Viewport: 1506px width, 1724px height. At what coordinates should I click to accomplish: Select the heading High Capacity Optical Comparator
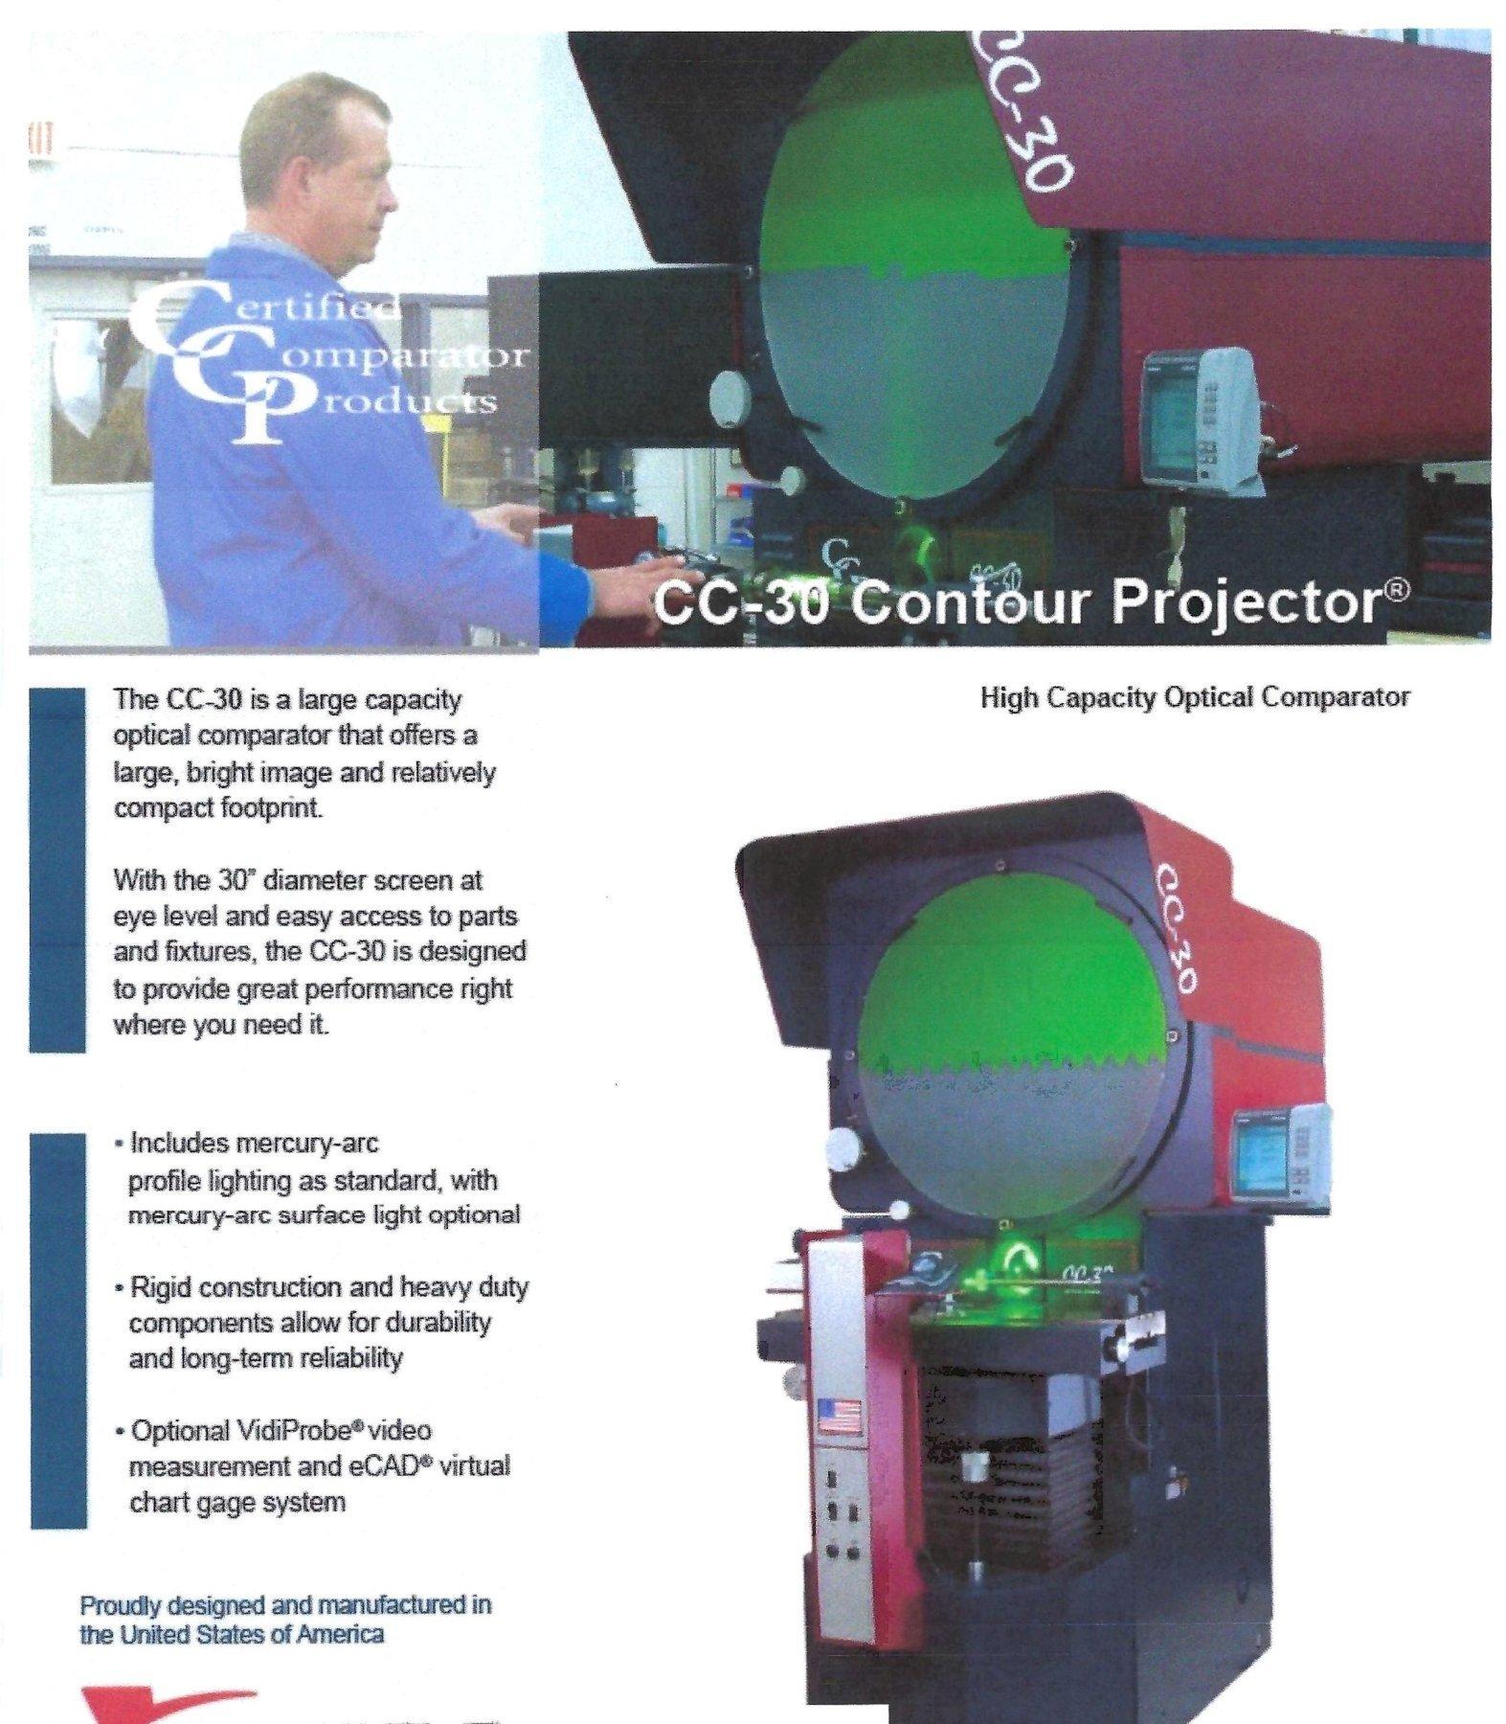pyautogui.click(x=1195, y=697)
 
